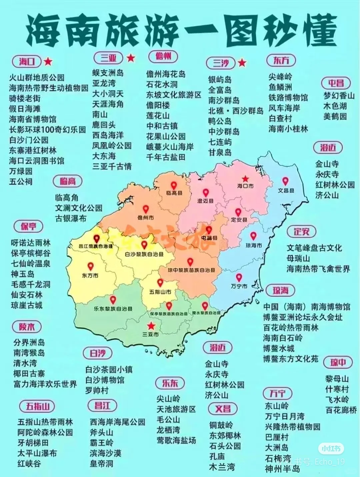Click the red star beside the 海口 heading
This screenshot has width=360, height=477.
49,61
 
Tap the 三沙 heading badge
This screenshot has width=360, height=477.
221,63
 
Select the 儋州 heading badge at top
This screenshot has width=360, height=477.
163,56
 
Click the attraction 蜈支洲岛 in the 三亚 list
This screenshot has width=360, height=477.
108,73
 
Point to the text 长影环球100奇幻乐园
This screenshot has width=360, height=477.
47,129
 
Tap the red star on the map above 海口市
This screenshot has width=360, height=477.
245,179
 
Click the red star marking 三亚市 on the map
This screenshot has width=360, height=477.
151,326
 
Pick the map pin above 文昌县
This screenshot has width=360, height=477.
285,181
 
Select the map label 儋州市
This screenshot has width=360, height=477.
146,218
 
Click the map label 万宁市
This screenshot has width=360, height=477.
239,286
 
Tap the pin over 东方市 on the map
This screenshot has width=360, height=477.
90,267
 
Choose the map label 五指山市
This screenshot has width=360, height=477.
160,292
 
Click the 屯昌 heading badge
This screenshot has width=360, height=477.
336,83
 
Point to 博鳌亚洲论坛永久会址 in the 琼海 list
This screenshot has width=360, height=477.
303,317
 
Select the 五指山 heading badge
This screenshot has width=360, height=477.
38,406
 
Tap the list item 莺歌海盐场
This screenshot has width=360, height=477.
176,440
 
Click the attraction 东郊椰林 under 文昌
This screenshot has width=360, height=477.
225,436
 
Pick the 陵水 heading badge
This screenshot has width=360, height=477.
27,327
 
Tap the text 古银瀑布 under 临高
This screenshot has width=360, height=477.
71,218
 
